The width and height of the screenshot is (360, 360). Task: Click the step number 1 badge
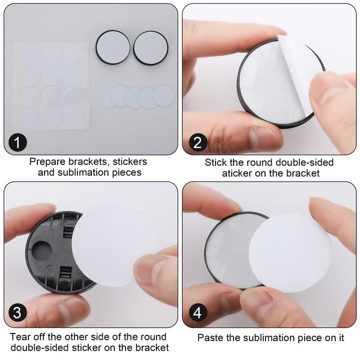click(x=17, y=144)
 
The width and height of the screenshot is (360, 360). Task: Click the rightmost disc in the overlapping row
click(x=163, y=95)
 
